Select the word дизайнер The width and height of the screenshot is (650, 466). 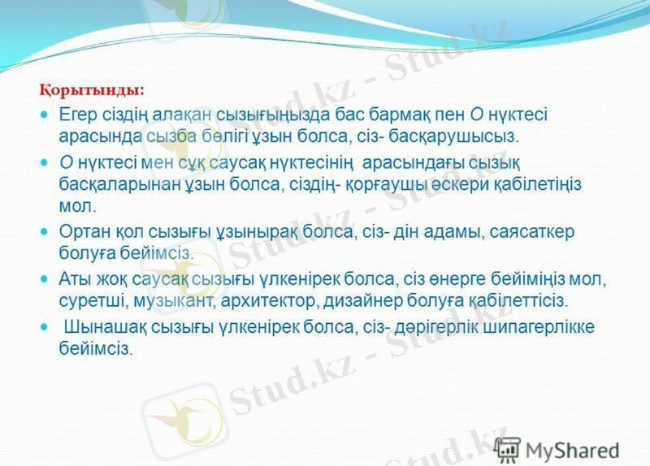pyautogui.click(x=360, y=300)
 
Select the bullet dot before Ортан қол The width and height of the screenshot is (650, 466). pyautogui.click(x=45, y=231)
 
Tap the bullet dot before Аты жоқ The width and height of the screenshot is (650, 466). pyautogui.click(x=45, y=279)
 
